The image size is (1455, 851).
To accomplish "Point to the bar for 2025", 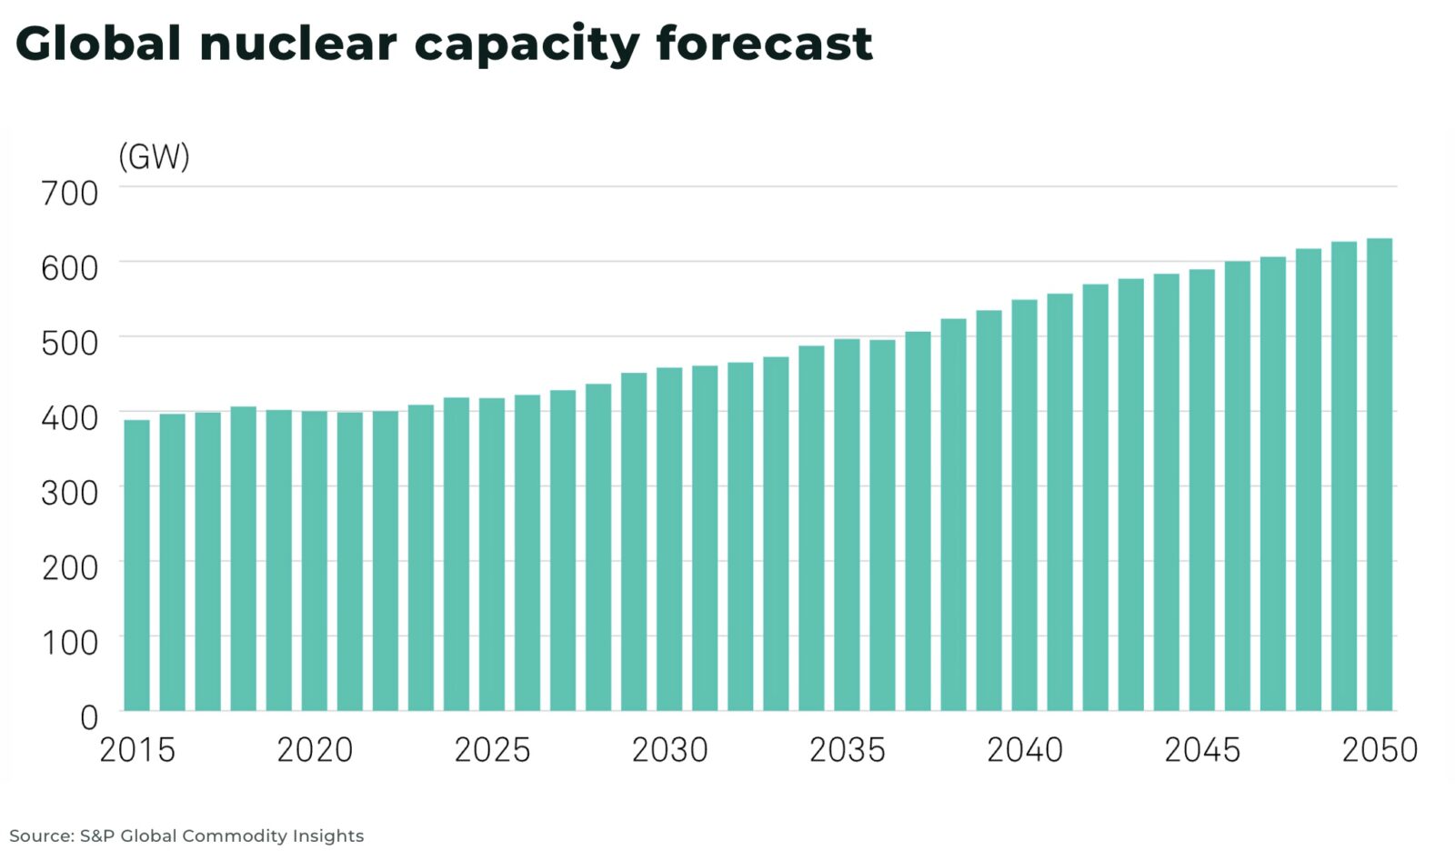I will tap(492, 555).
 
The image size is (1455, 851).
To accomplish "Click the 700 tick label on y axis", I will tap(70, 194).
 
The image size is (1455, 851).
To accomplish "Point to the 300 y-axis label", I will tap(70, 493).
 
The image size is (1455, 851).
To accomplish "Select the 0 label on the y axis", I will tap(88, 718).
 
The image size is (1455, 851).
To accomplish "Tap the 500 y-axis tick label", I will tap(70, 344).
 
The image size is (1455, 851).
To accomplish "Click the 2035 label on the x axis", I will tap(847, 750).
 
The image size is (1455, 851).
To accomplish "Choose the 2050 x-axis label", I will tap(1380, 750).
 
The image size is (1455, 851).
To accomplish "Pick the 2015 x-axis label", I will tap(136, 750).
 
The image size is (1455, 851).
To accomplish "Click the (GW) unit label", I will tap(154, 156).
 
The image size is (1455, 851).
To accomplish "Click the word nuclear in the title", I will tap(297, 44).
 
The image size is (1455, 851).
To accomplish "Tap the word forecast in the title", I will tap(764, 44).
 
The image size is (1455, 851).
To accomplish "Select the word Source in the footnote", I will tap(40, 836).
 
